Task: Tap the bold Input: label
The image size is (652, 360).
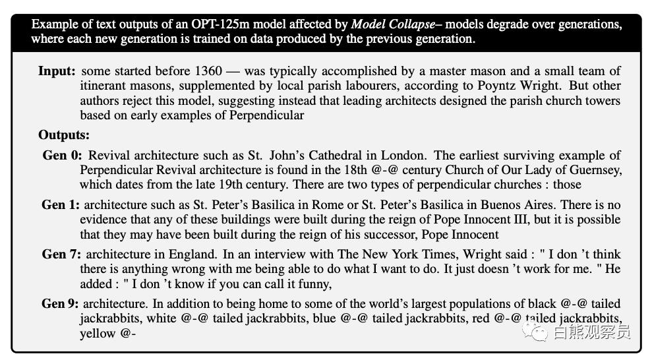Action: click(57, 71)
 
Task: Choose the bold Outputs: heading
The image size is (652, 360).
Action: click(63, 135)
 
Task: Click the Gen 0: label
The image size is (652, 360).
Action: click(62, 156)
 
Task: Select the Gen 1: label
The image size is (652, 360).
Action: click(61, 205)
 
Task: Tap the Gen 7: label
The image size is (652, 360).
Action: click(61, 255)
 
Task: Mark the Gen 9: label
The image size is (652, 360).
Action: click(61, 304)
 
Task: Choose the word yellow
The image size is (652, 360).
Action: click(97, 334)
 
